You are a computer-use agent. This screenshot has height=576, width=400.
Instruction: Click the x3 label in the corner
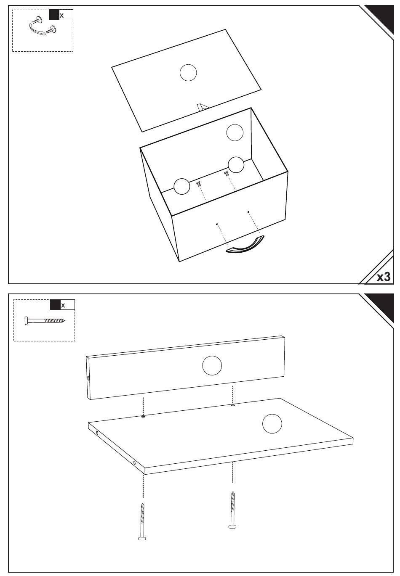[x=383, y=276]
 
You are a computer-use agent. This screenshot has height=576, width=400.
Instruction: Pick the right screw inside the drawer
[x=227, y=172]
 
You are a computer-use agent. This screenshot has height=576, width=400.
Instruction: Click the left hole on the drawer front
[x=217, y=224]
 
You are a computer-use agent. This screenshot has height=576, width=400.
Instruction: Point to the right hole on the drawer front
[x=248, y=211]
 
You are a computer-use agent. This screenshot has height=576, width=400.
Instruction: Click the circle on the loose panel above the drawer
[x=188, y=73]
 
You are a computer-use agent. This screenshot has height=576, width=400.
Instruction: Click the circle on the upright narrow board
[x=212, y=365]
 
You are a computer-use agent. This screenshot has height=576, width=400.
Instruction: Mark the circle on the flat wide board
[x=272, y=424]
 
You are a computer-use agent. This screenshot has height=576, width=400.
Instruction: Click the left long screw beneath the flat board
[x=142, y=521]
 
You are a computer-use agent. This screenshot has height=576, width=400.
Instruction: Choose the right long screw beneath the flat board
[x=232, y=510]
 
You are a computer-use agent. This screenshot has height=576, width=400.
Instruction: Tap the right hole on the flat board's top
[x=233, y=405]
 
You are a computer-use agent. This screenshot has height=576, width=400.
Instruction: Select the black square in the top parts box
[x=54, y=15]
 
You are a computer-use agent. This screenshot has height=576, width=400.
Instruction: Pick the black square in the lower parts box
[x=55, y=305]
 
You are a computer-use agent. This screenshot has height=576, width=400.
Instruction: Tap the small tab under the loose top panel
[x=203, y=107]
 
